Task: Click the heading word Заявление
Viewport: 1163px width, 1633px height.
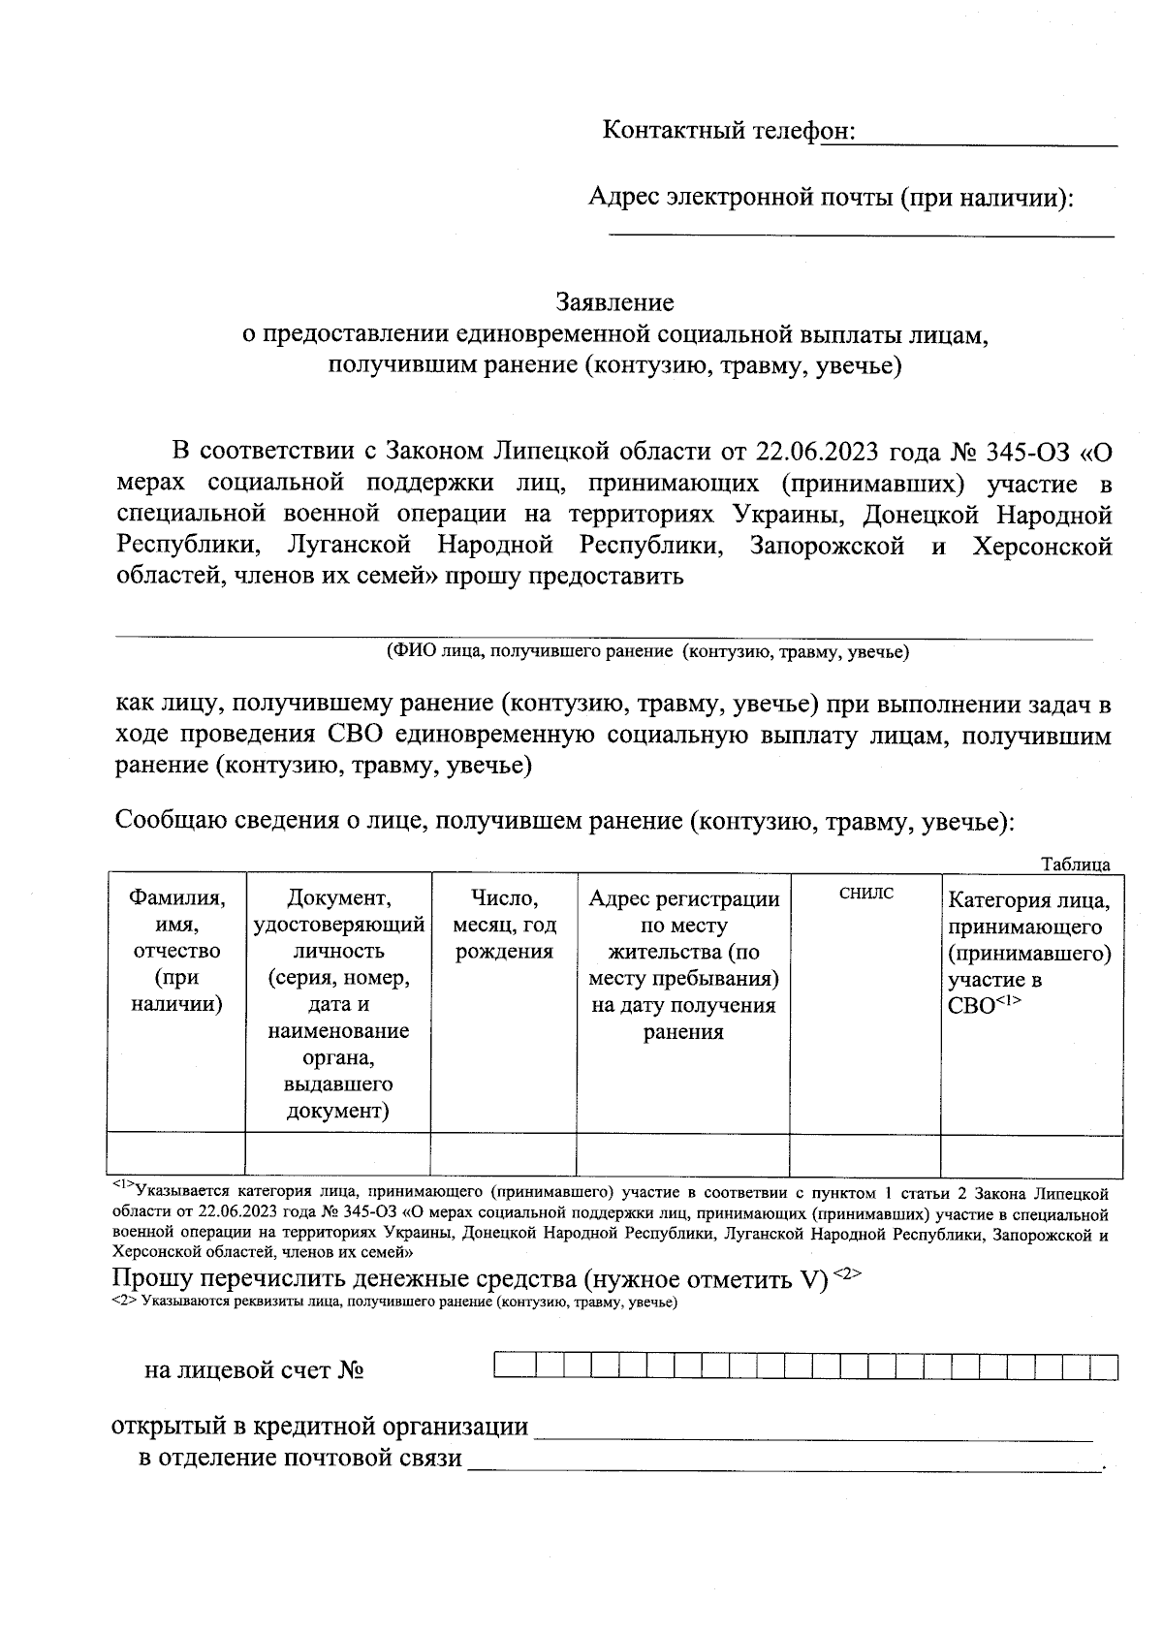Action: click(x=614, y=302)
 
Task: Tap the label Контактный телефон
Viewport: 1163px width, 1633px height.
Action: click(x=728, y=131)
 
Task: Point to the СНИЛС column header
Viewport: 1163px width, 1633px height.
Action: click(x=865, y=894)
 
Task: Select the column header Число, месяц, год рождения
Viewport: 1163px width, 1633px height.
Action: click(x=503, y=925)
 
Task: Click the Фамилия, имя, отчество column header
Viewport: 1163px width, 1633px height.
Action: click(x=176, y=951)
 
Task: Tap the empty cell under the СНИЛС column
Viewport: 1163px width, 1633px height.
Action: click(x=864, y=1155)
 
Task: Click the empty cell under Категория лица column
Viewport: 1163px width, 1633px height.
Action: click(x=1030, y=1155)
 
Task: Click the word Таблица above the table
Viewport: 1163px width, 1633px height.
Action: click(x=1075, y=864)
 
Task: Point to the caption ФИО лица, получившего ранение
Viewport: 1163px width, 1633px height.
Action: click(x=647, y=652)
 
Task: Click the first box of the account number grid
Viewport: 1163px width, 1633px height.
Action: click(x=507, y=1366)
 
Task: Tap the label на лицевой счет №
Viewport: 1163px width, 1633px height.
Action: click(x=254, y=1370)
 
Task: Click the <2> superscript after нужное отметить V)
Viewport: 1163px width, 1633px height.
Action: click(x=846, y=1273)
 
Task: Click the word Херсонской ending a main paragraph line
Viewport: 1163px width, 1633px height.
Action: click(x=1041, y=547)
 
